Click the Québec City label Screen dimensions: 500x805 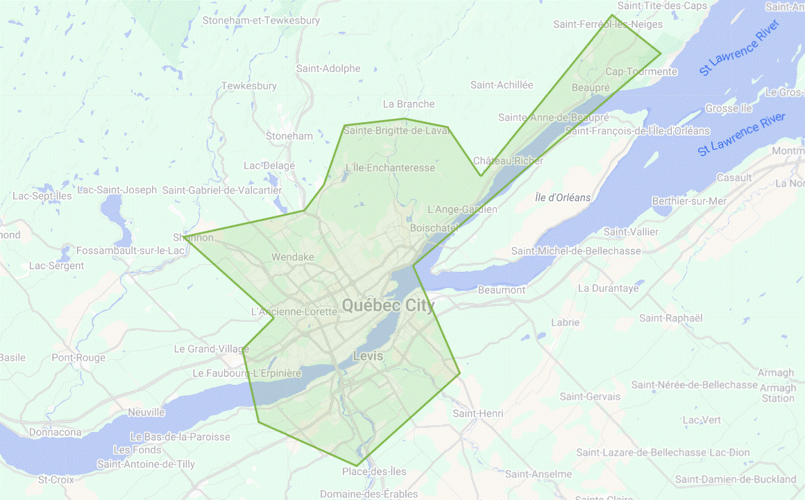click(388, 305)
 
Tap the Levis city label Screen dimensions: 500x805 click(368, 356)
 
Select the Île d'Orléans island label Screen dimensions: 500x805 click(563, 198)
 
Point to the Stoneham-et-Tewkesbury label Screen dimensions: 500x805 click(261, 21)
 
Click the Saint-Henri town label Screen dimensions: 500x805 click(477, 413)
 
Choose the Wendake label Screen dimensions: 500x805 click(293, 257)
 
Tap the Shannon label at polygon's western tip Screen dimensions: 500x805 click(194, 237)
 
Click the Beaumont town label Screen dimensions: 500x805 click(502, 290)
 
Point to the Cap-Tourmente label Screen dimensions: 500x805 click(641, 71)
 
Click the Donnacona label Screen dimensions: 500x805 click(56, 432)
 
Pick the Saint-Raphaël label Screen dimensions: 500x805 click(671, 318)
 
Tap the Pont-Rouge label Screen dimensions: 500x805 click(78, 358)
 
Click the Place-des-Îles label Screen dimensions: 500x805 click(374, 472)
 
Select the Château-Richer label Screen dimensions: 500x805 click(509, 160)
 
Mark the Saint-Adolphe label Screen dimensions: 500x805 click(328, 69)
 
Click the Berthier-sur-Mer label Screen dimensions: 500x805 click(689, 201)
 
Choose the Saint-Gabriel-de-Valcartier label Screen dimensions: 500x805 click(222, 190)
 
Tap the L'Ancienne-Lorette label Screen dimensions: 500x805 click(294, 312)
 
